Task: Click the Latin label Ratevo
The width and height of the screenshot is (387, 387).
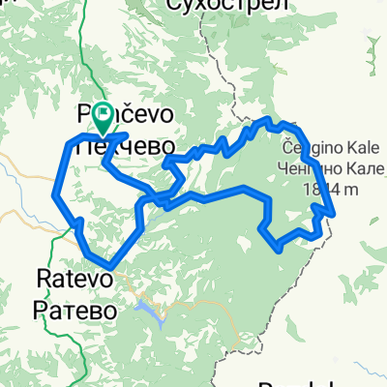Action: click(x=70, y=280)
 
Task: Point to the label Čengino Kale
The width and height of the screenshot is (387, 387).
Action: click(x=325, y=149)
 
